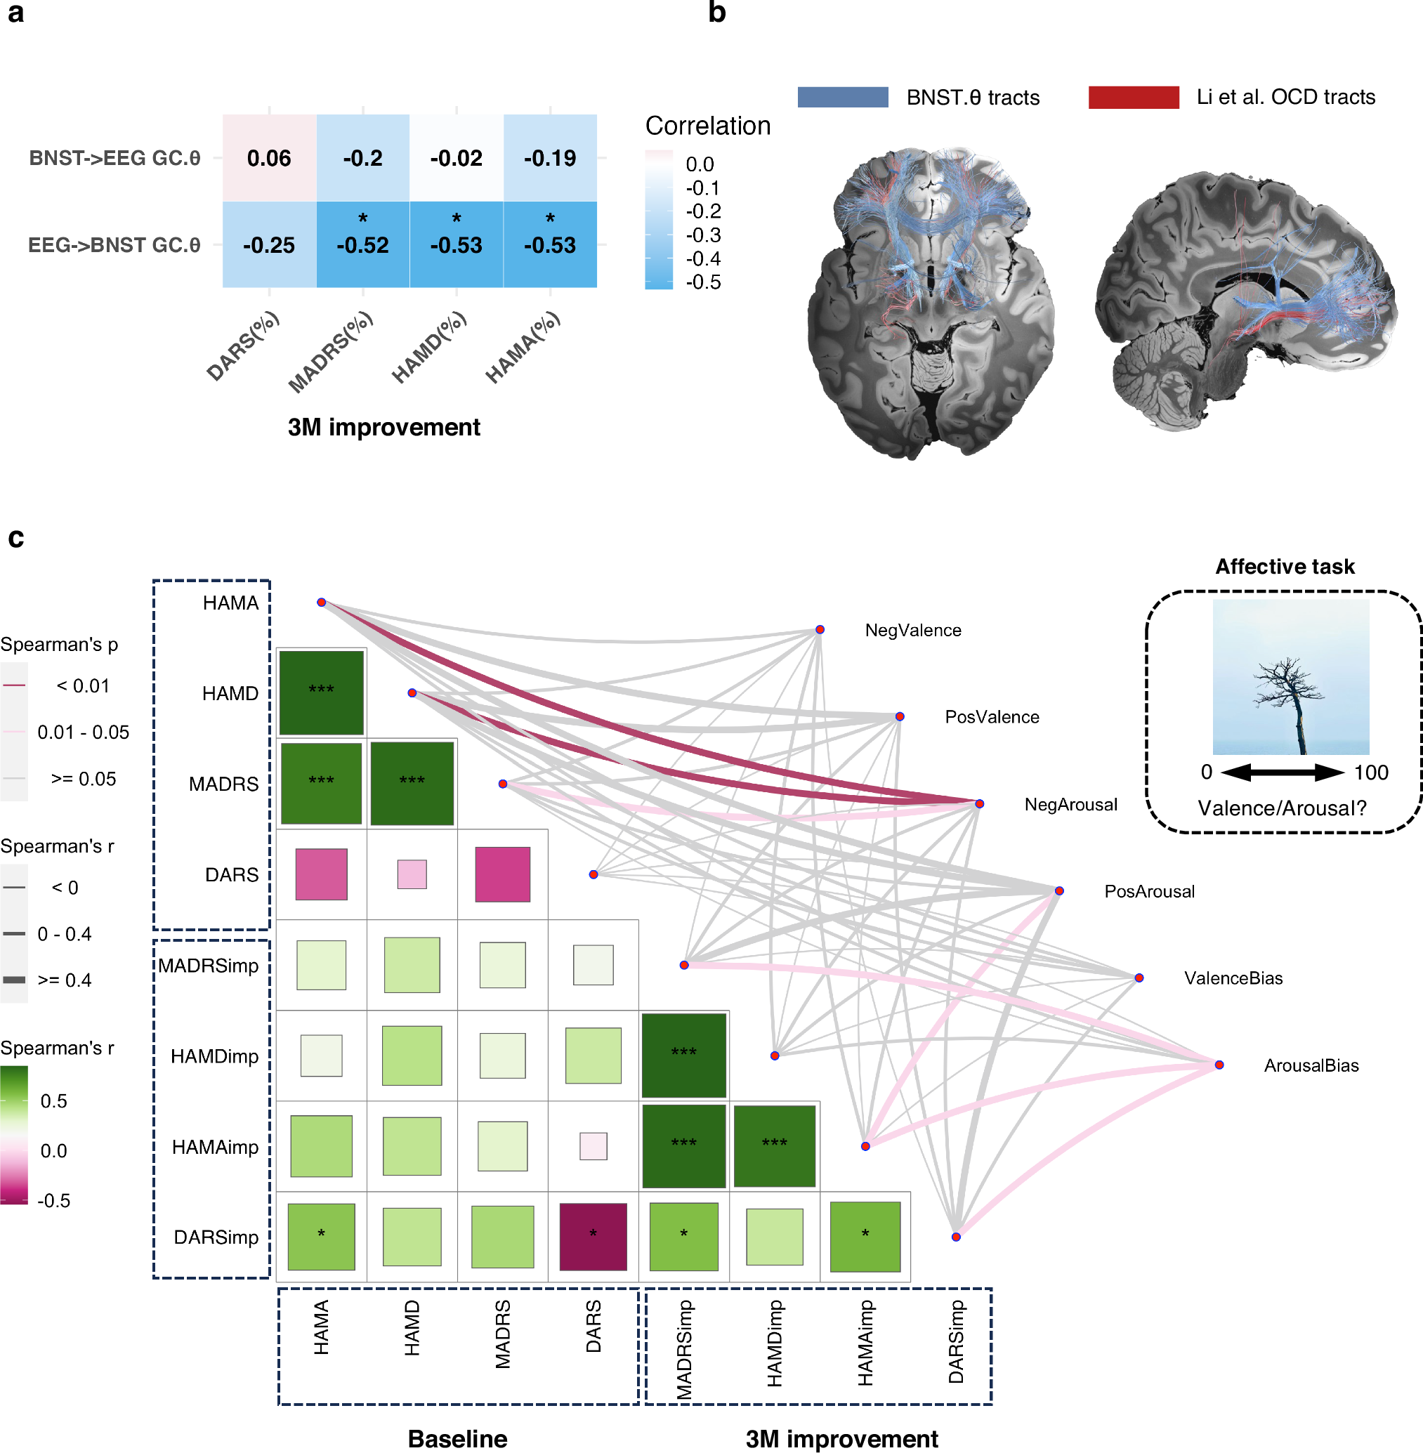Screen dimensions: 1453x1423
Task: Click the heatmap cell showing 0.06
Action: pos(269,158)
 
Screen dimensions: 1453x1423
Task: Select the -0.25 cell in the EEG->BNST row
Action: pos(269,244)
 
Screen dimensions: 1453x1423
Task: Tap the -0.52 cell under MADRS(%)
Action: pos(362,244)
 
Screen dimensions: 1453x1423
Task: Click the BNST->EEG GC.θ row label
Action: pos(114,158)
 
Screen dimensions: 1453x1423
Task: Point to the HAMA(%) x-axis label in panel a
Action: pos(523,348)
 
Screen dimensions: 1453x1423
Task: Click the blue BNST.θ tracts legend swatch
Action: pos(842,97)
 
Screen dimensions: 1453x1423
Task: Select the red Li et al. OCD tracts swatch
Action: pos(1133,97)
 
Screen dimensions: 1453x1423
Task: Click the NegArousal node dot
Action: pos(979,803)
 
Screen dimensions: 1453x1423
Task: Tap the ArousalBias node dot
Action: pos(1219,1065)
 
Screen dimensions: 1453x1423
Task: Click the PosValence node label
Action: pos(992,717)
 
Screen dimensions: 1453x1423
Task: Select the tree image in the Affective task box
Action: pos(1291,676)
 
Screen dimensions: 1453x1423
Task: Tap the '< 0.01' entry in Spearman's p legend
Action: pos(82,685)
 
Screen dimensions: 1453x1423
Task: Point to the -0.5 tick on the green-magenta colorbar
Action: pos(54,1200)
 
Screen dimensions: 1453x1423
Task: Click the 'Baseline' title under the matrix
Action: pos(457,1438)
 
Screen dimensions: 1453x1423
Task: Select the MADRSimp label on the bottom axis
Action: pos(684,1348)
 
